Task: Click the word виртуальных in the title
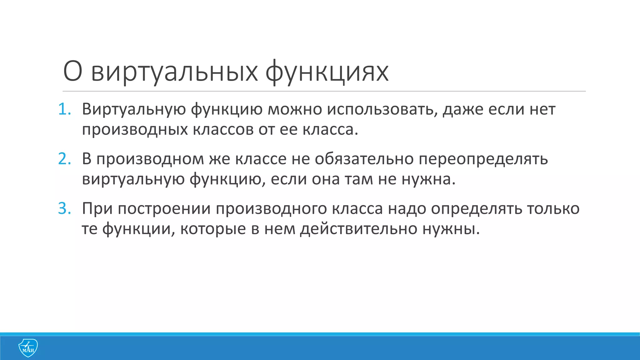(174, 72)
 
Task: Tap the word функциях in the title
(327, 72)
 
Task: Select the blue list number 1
(64, 109)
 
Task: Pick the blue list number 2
(64, 159)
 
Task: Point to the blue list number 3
(64, 209)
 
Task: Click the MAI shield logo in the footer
(28, 348)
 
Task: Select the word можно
(295, 109)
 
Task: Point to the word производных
(135, 130)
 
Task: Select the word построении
(164, 209)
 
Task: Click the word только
(553, 209)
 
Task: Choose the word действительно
(359, 229)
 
